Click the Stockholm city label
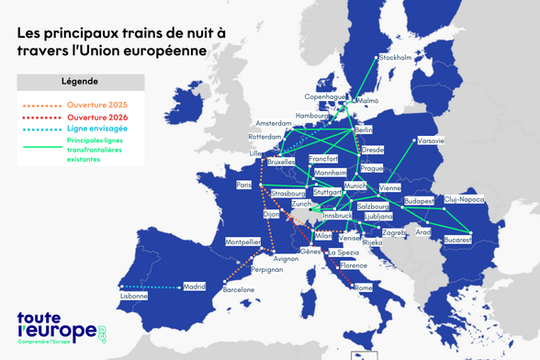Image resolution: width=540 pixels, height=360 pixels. pyautogui.click(x=395, y=58)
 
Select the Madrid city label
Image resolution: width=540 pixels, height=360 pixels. pyautogui.click(x=195, y=286)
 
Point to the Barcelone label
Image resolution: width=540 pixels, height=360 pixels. pyautogui.click(x=239, y=289)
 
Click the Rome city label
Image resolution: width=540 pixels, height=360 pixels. pyautogui.click(x=363, y=287)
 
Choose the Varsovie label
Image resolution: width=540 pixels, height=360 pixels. pyautogui.click(x=431, y=141)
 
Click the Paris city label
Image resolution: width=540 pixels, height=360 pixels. pyautogui.click(x=243, y=185)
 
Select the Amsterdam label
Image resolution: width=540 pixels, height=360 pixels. pyautogui.click(x=273, y=123)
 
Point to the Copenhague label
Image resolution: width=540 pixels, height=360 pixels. pyautogui.click(x=325, y=96)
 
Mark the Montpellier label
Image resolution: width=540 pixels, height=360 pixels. pyautogui.click(x=242, y=242)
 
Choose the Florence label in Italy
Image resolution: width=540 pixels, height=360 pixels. pyautogui.click(x=354, y=265)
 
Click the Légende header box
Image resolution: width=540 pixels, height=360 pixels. pyautogui.click(x=80, y=82)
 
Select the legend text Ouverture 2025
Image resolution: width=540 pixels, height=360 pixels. pyautogui.click(x=99, y=105)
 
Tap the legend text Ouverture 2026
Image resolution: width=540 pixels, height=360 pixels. pyautogui.click(x=99, y=117)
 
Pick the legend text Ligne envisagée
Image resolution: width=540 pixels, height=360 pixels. pyautogui.click(x=97, y=129)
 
